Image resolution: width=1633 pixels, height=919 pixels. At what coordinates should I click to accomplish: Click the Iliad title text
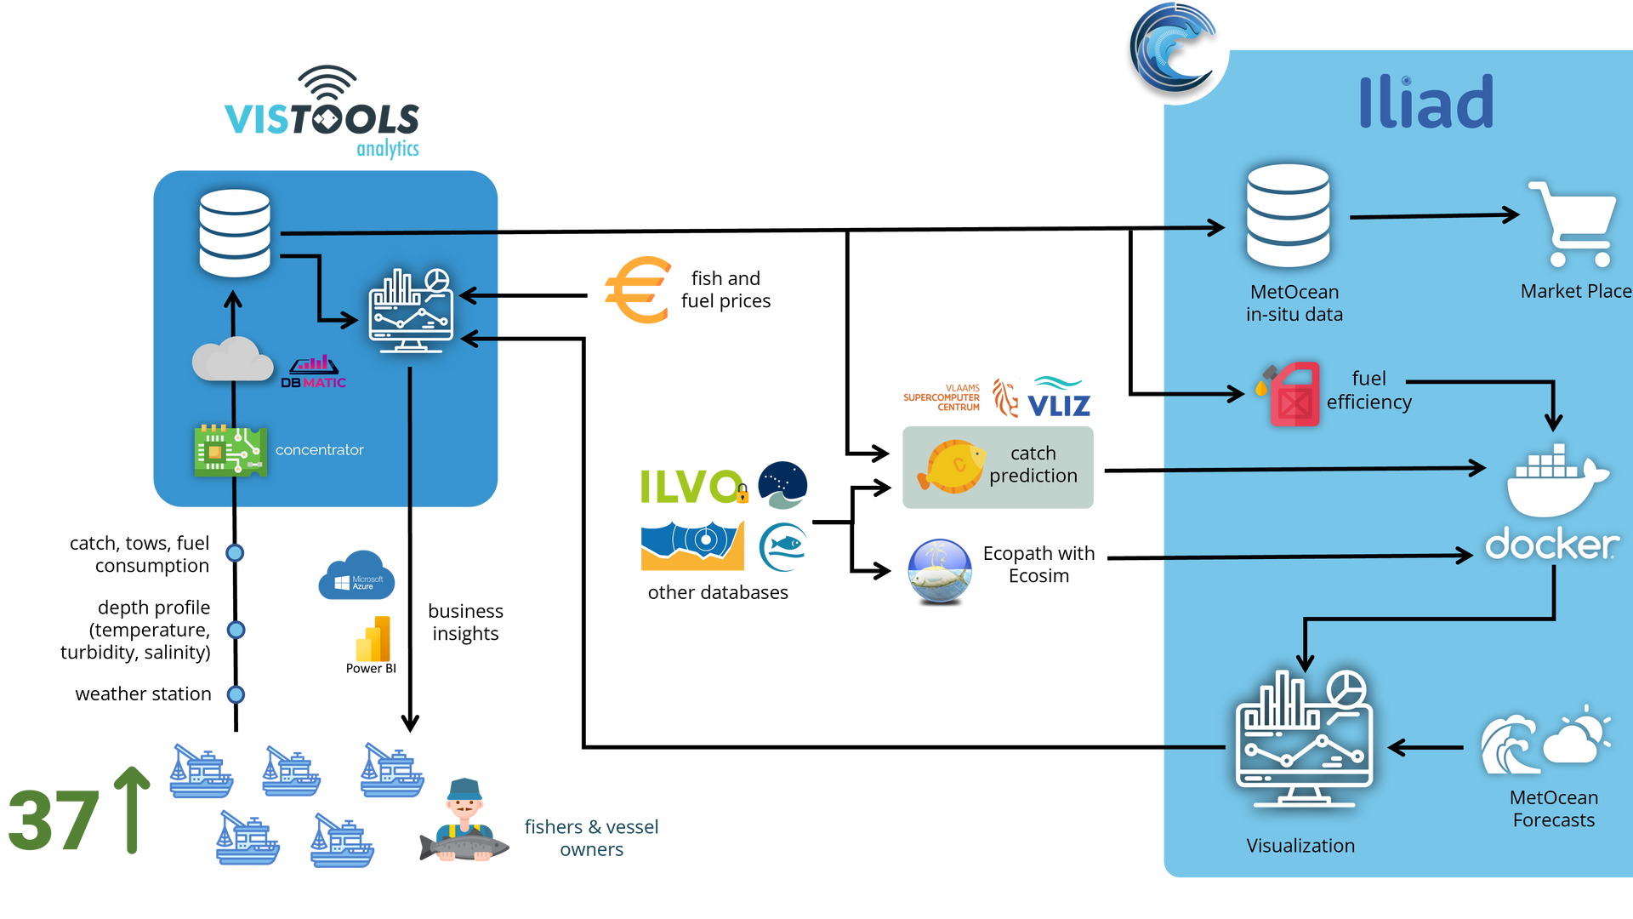[1425, 102]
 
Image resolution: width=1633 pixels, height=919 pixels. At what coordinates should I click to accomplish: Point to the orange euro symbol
[639, 290]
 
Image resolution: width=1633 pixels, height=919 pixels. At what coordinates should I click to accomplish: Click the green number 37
[53, 820]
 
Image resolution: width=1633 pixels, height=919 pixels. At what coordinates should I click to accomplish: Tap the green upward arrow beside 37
[132, 809]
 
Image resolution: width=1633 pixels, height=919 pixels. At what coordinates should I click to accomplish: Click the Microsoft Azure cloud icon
[356, 576]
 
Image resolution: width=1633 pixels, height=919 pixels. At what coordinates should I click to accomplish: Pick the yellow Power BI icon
[374, 639]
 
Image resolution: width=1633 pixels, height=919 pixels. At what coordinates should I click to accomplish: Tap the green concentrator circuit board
[230, 450]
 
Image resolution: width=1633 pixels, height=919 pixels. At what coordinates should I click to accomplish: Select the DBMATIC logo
[313, 373]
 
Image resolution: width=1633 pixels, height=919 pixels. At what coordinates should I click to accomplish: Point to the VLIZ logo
[1058, 398]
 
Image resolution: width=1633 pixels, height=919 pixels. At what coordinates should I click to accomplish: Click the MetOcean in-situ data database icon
[1288, 216]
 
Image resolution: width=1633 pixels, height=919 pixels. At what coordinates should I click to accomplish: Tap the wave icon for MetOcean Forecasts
[1511, 744]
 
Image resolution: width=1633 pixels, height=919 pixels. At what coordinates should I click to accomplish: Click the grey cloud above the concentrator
[231, 359]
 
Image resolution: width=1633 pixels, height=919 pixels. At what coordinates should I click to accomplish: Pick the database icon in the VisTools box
[235, 233]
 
